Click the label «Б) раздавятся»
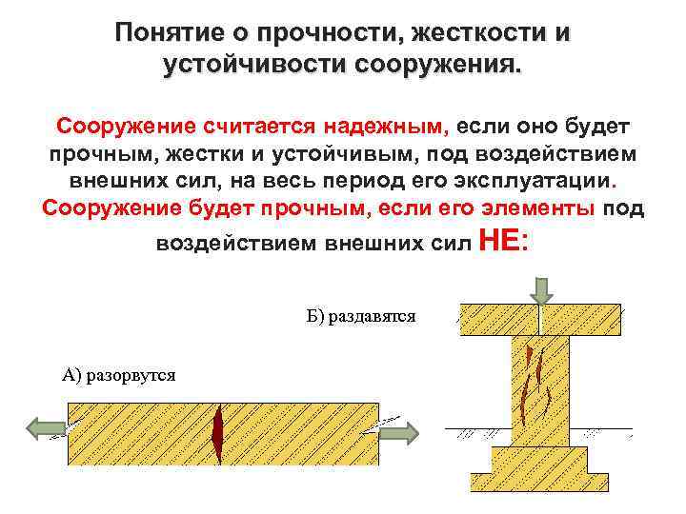coord(361,315)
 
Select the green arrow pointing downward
coord(540,288)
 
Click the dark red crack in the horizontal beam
coord(219,433)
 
